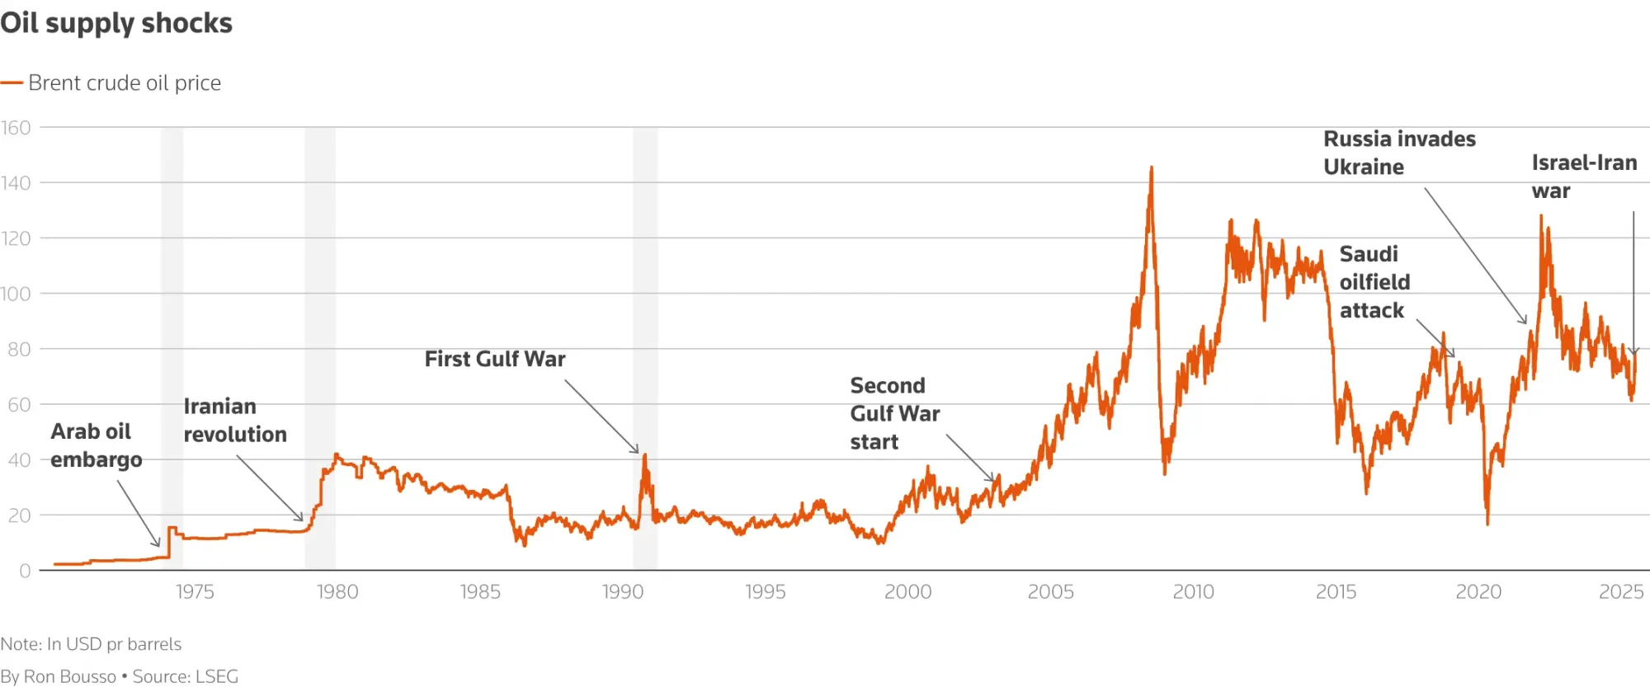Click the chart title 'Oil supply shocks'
click(116, 23)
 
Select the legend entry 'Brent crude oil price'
click(124, 82)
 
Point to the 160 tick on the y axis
click(16, 128)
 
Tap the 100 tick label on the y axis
click(16, 294)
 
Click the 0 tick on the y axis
click(25, 571)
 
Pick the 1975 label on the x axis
click(195, 591)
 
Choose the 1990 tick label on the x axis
click(623, 591)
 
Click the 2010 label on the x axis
click(1193, 591)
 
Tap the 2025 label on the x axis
click(1621, 591)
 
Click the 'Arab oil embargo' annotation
click(96, 445)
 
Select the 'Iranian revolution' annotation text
click(235, 420)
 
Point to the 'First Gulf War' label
click(495, 359)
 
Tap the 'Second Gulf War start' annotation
click(894, 413)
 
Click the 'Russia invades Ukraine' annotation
click(1399, 153)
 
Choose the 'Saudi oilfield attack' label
click(1374, 282)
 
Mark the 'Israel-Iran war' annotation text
click(1584, 176)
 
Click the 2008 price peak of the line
click(1151, 168)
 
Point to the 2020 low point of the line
click(1487, 523)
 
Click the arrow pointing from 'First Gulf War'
click(601, 416)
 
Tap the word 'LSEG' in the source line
click(217, 676)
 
